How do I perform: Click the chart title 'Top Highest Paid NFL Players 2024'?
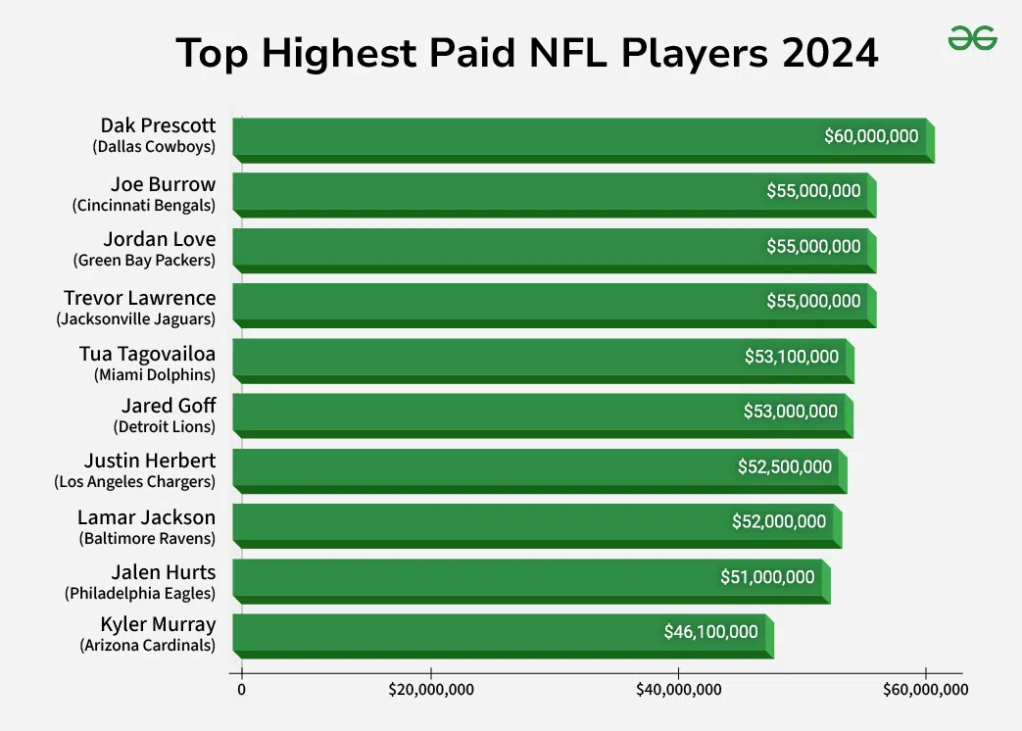(526, 53)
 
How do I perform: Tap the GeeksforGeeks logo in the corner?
(972, 39)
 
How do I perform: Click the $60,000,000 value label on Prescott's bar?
(871, 136)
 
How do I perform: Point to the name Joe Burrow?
(163, 183)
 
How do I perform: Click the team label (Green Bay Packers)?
(144, 261)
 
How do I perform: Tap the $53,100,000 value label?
(792, 357)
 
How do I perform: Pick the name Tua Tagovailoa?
(147, 353)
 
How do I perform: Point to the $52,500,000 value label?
(785, 466)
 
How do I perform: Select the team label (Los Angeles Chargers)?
(134, 481)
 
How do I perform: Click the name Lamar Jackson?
(147, 517)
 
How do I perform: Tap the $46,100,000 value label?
(711, 632)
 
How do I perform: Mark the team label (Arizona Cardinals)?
(147, 646)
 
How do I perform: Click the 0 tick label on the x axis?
(241, 690)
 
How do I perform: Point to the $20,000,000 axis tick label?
(431, 690)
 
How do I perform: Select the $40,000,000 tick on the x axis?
(678, 690)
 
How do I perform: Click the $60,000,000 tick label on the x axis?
(925, 690)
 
